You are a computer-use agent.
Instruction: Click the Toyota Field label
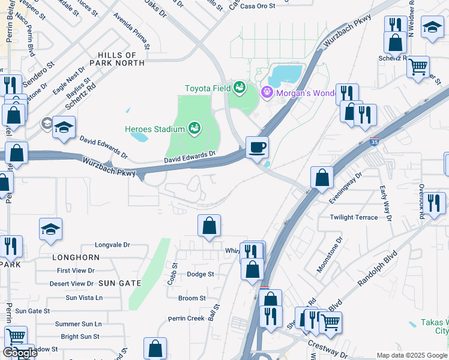[208, 88]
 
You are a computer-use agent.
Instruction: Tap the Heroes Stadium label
[154, 128]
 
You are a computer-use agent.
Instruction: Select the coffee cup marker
[258, 147]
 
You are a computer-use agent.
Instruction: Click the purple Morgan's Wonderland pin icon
[267, 92]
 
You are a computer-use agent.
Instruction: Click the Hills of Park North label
[117, 59]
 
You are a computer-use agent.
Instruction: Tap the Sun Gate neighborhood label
[119, 283]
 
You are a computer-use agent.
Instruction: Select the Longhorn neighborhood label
[76, 257]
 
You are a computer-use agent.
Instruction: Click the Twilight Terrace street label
[354, 217]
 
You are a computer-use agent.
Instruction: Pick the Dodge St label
[200, 274]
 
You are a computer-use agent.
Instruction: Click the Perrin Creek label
[186, 318]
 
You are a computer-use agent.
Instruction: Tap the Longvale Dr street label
[113, 245]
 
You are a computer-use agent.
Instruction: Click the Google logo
[20, 353]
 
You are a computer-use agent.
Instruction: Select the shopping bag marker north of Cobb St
[209, 226]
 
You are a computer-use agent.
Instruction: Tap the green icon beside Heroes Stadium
[194, 128]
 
